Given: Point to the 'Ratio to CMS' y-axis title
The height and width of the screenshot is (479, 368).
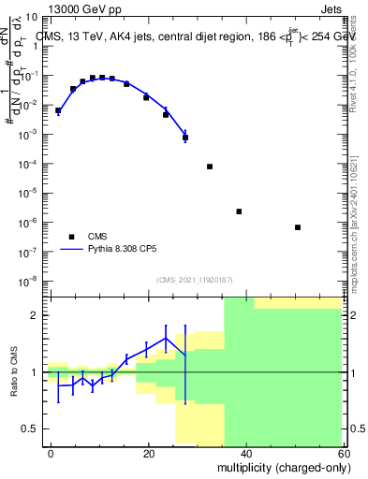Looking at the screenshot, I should [x=14, y=371].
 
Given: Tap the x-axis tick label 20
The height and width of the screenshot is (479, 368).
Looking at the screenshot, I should [x=149, y=453].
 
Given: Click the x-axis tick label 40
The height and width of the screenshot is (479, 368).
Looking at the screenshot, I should [x=246, y=453].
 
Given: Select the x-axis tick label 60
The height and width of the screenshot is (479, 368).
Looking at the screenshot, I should [x=343, y=453].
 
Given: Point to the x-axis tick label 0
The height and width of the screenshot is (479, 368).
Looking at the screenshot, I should [x=52, y=453].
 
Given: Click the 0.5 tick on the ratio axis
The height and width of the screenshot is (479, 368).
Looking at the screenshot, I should [x=33, y=428].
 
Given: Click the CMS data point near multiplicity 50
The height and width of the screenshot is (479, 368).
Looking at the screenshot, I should [x=297, y=227].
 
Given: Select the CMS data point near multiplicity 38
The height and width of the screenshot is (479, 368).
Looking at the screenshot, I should [x=239, y=211].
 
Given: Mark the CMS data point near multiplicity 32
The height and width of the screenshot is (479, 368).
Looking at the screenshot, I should [x=210, y=167].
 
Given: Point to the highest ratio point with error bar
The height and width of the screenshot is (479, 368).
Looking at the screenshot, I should [x=166, y=339].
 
